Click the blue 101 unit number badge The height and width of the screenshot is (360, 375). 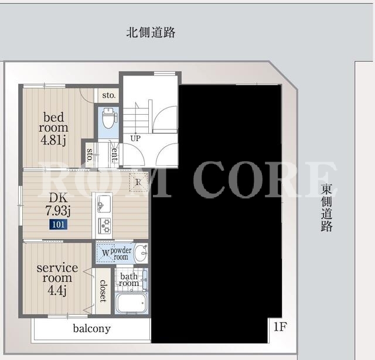tap(59, 225)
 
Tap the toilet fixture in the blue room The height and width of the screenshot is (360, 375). tap(109, 118)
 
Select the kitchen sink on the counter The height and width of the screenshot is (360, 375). tap(104, 203)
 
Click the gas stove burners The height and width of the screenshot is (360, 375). tap(104, 226)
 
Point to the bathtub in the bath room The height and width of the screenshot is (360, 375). tap(131, 303)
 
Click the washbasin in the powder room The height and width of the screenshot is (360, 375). tap(141, 253)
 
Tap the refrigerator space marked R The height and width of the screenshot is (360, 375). tap(138, 182)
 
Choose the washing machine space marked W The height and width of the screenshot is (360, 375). tap(105, 253)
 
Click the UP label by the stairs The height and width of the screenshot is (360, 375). tap(135, 138)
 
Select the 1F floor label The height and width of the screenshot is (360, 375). tap(280, 327)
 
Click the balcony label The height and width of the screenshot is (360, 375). tap(92, 329)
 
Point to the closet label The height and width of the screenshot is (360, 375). tap(103, 291)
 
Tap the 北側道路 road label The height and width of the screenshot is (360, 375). tap(151, 32)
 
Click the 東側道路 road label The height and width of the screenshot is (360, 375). tap(326, 208)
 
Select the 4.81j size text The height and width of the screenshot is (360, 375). tap(53, 140)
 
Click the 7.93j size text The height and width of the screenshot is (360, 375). tap(57, 211)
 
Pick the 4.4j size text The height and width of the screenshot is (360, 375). tap(57, 290)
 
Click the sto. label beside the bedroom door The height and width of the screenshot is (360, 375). tap(109, 95)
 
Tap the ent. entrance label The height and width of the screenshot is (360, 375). tap(115, 155)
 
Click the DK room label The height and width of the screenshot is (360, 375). tap(58, 197)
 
